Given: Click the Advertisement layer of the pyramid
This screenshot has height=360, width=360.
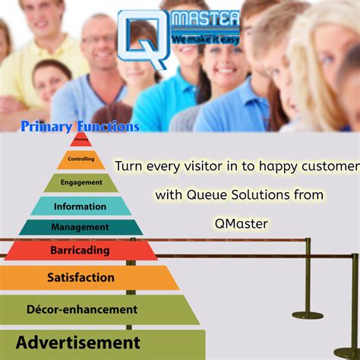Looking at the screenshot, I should pos(78,343).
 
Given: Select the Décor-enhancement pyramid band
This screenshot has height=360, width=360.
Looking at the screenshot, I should pos(82,309).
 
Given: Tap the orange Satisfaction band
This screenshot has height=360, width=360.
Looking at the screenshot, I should pos(81,277).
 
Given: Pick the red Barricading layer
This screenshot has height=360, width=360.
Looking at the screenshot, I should pos(81,249).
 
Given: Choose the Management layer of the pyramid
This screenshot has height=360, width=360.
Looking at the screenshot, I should pos(81,227).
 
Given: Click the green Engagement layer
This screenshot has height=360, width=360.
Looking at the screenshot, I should pos(81,182).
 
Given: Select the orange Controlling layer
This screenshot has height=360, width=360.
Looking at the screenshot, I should pos(81,159).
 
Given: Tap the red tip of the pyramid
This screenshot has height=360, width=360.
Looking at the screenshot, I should pos(81,139).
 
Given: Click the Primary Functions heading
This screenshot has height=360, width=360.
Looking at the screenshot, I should pos(80,127).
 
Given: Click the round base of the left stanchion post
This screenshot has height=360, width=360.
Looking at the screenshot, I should pos(308,314).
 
